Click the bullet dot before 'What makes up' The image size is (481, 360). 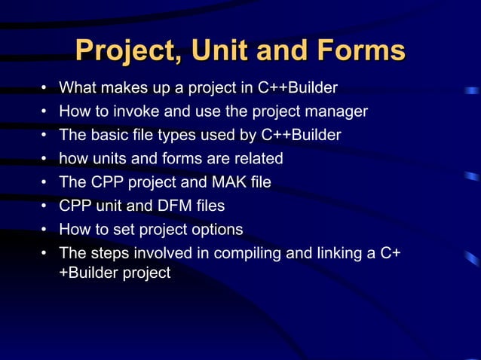click(x=45, y=88)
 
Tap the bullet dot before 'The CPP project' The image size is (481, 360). click(x=45, y=182)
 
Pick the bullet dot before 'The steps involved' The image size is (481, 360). click(x=45, y=252)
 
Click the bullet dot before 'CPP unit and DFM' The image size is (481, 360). click(x=45, y=206)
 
